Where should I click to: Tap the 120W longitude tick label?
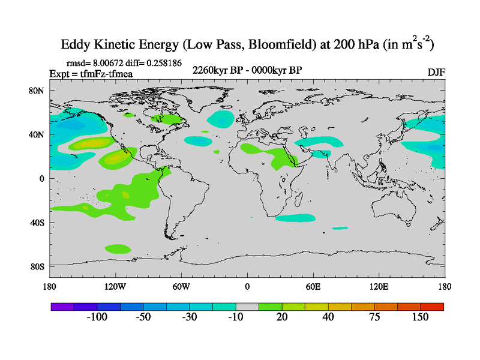point(115,286)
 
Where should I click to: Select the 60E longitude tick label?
point(313,286)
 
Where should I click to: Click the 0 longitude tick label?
point(247,286)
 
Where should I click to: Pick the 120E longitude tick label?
point(379,286)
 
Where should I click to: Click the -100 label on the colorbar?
point(97,317)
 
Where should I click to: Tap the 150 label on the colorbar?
point(420,317)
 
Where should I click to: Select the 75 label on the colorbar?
point(374,317)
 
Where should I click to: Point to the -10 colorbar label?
point(236,317)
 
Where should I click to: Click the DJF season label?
point(436,72)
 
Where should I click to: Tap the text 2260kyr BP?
point(216,71)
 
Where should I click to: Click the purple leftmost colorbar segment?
point(62,307)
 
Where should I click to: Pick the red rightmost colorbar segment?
point(432,307)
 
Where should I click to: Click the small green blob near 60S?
point(118,248)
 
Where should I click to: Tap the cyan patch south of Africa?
point(295,218)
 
